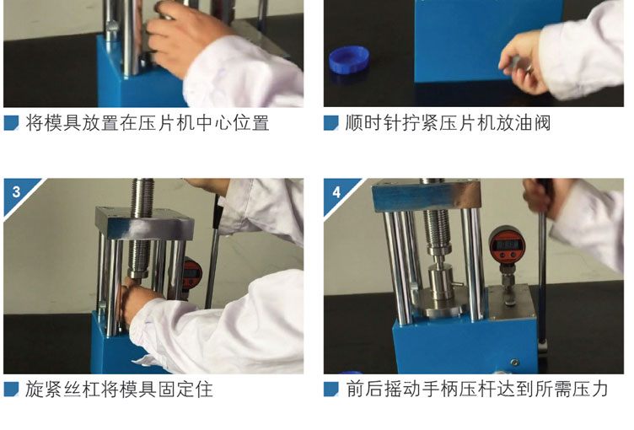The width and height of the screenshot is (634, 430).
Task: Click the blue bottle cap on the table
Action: pos(349,60)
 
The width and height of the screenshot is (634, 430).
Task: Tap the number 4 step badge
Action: pos(337,193)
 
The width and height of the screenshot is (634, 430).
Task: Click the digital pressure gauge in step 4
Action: pos(508,245)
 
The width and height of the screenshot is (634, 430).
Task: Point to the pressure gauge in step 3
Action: pos(191,272)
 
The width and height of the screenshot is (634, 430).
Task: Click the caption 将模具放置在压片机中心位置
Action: pos(148,123)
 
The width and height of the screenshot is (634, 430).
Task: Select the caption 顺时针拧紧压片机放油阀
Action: pos(448,123)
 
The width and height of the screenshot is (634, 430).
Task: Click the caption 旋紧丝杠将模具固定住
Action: pos(119,390)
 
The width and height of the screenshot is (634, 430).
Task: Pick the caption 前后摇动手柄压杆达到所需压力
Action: pos(477,390)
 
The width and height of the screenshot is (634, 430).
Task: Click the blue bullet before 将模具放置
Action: pos(11,123)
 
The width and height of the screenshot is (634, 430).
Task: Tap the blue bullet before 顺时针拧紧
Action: pos(330,123)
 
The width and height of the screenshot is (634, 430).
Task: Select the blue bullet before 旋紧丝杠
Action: pos(11,390)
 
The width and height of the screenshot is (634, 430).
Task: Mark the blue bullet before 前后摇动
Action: pos(330,390)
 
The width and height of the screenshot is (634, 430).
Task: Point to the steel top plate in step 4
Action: pos(426,196)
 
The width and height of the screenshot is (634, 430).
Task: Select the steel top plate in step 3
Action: pos(144,223)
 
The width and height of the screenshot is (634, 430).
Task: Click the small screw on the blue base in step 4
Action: pos(514,362)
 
